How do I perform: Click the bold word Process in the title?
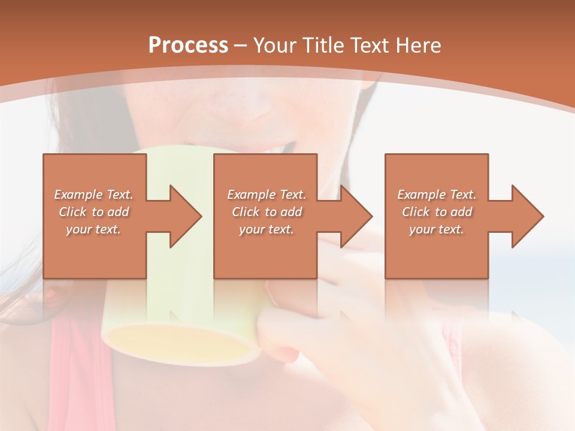188,45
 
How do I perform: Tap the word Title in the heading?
322,45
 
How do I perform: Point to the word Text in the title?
370,45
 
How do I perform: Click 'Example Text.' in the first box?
93,195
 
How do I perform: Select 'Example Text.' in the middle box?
267,195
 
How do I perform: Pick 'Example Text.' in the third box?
437,195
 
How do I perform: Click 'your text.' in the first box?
93,229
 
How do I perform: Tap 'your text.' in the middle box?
267,229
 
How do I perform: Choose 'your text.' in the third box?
437,229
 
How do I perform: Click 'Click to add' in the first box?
93,212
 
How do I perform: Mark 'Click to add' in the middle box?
267,212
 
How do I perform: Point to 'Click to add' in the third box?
437,212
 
